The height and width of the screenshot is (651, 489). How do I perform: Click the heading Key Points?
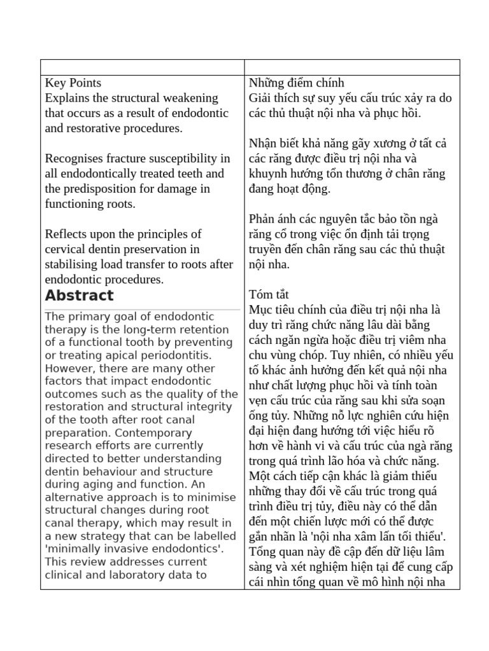(73, 83)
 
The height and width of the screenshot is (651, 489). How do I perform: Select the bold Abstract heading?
(79, 296)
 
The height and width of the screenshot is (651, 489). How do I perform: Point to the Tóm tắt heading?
(269, 294)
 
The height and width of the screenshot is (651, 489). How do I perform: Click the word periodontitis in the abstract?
(178, 355)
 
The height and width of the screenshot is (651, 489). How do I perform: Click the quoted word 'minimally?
(73, 549)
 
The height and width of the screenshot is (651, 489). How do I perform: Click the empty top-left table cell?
(142, 67)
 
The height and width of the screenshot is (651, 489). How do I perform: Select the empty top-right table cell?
(352, 67)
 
